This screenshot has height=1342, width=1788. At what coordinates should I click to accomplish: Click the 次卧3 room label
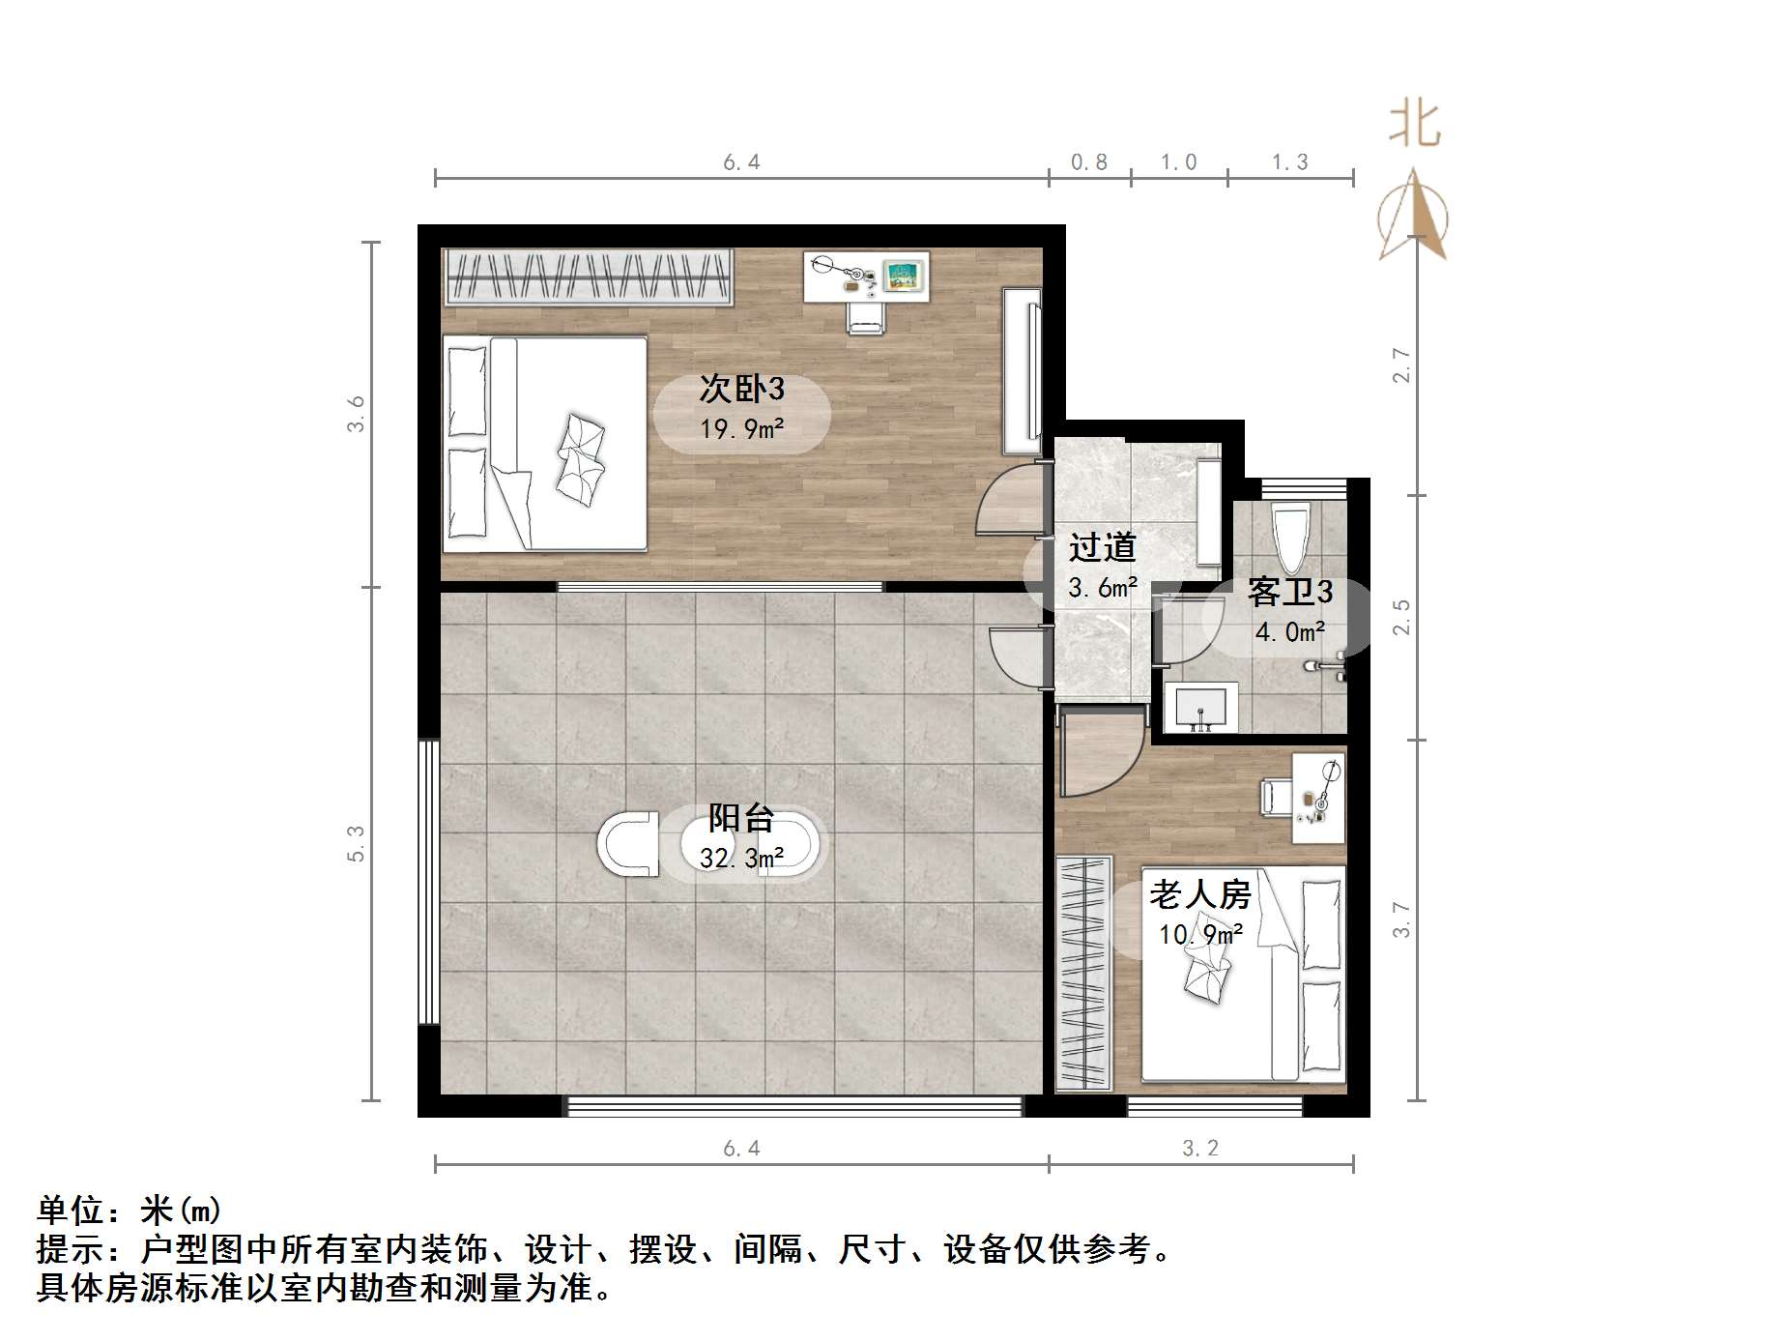click(x=741, y=389)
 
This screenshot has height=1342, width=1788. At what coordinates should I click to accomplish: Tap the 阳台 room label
click(x=741, y=818)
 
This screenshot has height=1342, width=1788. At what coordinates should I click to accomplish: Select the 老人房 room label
click(x=1199, y=894)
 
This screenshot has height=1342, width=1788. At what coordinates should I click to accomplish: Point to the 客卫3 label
click(x=1289, y=592)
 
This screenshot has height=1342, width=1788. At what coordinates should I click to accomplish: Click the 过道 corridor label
click(x=1102, y=547)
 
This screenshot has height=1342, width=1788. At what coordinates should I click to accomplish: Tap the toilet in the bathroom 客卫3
click(x=1289, y=537)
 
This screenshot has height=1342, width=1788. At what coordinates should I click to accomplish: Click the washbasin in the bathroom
click(x=1200, y=708)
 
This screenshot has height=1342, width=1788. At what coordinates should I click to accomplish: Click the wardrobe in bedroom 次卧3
click(x=588, y=277)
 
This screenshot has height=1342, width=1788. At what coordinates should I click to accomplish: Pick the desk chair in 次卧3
click(x=865, y=316)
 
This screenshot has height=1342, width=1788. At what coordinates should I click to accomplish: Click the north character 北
click(x=1414, y=126)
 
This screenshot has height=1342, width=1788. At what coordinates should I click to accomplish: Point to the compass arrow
click(x=1413, y=218)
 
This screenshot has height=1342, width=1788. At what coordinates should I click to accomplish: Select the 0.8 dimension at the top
click(x=1089, y=162)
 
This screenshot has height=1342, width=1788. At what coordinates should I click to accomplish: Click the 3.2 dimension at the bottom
click(x=1200, y=1148)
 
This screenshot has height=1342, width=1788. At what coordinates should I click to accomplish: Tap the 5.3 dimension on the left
click(x=357, y=842)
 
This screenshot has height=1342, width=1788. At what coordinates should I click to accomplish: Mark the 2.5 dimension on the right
click(x=1401, y=617)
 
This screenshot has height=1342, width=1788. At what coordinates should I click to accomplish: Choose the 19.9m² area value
click(x=741, y=428)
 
